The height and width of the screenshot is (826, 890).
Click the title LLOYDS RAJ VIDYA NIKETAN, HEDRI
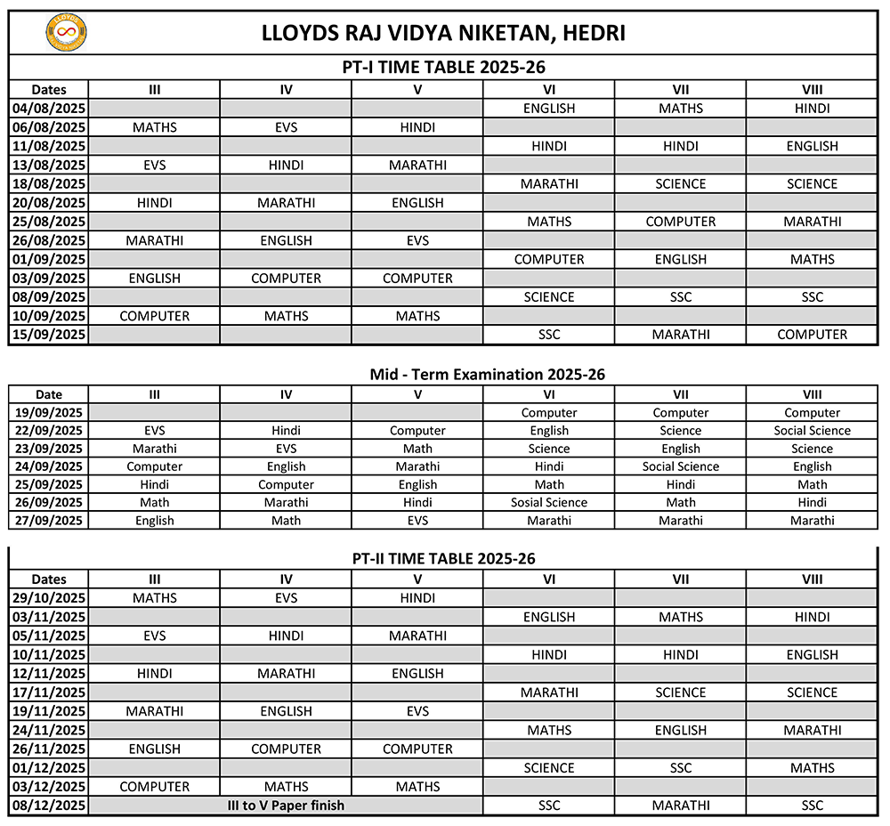click(443, 33)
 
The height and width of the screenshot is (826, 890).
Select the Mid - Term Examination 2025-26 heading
click(487, 375)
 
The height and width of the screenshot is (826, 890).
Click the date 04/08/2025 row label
click(49, 109)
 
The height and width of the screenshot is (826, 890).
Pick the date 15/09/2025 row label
click(49, 335)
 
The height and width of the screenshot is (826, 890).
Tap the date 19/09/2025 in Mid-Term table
click(49, 413)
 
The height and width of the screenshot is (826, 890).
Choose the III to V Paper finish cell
click(286, 806)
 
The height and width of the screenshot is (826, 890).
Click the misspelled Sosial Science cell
click(549, 503)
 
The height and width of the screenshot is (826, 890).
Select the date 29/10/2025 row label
click(49, 598)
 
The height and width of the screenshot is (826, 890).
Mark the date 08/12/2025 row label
click(49, 806)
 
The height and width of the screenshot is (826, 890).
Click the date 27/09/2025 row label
click(49, 521)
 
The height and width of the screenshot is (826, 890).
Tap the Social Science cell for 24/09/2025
click(681, 466)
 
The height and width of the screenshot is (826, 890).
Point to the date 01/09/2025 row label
click(49, 259)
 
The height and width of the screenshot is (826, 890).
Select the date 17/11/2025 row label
click(49, 692)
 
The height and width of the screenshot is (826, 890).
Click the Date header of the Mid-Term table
click(49, 394)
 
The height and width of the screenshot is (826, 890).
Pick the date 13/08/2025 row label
click(49, 165)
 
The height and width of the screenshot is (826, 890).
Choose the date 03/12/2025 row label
click(49, 787)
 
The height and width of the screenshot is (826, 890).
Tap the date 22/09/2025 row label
click(49, 431)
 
